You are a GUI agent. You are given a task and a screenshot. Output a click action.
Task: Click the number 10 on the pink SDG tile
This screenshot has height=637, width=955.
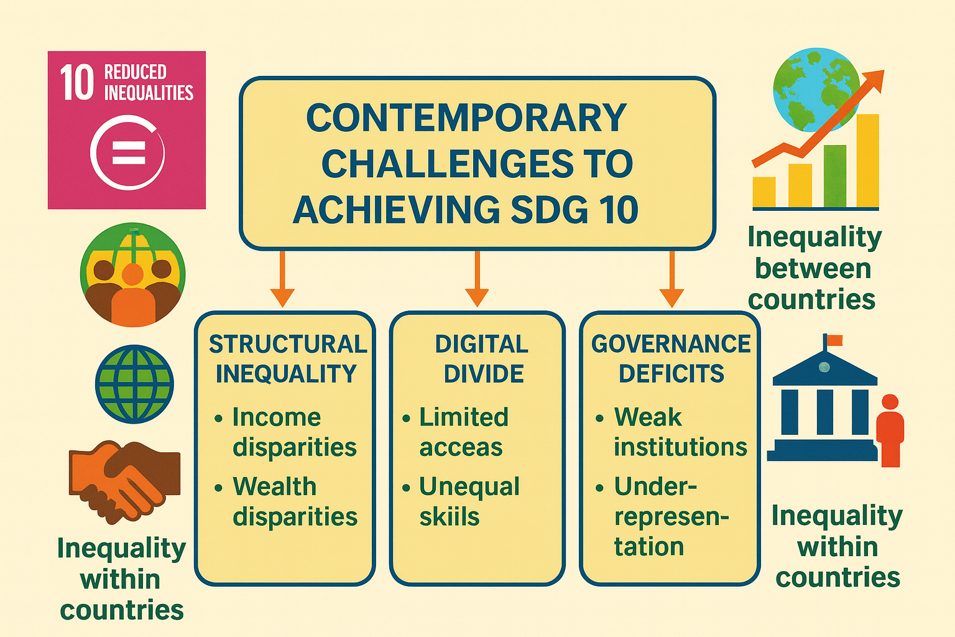[x=76, y=83]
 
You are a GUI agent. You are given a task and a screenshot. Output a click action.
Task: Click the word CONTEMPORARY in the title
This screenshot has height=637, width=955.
[x=466, y=118]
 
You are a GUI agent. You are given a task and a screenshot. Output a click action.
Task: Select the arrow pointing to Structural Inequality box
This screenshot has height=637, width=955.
[x=282, y=279]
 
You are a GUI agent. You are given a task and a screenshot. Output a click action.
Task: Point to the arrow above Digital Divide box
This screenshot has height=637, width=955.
[x=477, y=279]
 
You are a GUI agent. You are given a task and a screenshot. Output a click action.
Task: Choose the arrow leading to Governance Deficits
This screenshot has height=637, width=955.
[x=672, y=279]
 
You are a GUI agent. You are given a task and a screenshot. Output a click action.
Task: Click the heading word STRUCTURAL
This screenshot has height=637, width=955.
[x=288, y=344]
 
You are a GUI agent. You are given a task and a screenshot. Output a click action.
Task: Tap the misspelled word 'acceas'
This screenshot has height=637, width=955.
[x=461, y=448]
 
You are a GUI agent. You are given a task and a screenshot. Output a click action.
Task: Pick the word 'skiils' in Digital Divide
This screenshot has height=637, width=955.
[x=450, y=517]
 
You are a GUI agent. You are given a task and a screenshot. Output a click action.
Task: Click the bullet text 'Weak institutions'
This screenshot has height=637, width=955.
[x=680, y=432]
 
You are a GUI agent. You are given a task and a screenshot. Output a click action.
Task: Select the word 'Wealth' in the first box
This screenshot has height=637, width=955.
[x=275, y=487]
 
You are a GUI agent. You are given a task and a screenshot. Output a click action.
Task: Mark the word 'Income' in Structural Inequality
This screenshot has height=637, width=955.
[x=276, y=417]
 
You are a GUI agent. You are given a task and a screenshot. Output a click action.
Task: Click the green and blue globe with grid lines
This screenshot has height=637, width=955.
[x=134, y=384]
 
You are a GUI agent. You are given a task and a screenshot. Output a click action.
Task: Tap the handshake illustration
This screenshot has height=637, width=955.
[x=124, y=482]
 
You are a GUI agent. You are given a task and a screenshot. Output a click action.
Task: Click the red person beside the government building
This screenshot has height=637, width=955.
[x=890, y=430]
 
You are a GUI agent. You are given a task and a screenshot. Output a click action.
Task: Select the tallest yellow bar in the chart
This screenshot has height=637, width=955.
[x=867, y=161]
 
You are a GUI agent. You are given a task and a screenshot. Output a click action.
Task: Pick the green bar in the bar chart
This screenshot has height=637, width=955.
[x=835, y=176]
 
